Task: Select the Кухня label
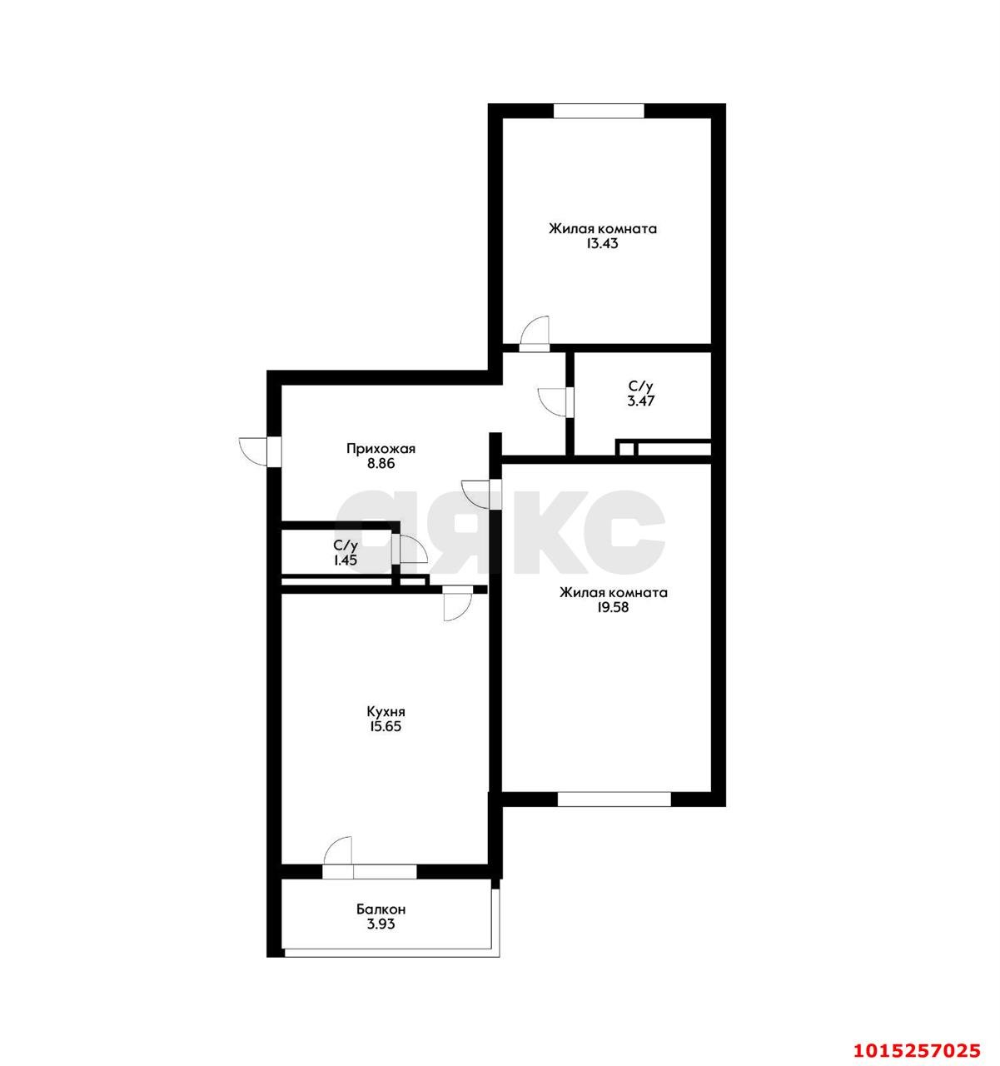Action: tap(386, 712)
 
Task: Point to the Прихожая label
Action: tap(381, 449)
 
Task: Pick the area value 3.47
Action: tap(641, 401)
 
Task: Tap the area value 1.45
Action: tap(346, 560)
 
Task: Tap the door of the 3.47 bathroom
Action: tap(553, 401)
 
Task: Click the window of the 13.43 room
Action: tap(599, 110)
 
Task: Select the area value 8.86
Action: tap(381, 464)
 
